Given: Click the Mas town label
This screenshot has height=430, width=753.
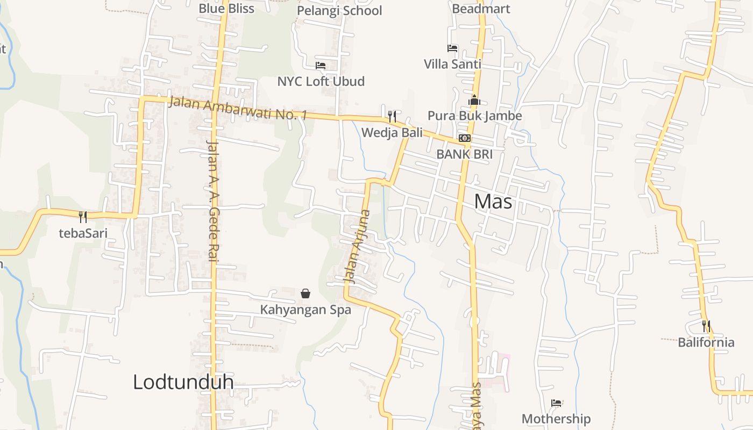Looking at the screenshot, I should pos(493,202).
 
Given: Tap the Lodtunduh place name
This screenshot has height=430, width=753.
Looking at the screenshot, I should pos(183,382).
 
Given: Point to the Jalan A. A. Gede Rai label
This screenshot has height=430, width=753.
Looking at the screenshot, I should pos(212,201).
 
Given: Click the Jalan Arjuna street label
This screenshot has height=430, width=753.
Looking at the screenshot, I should pos(357,246).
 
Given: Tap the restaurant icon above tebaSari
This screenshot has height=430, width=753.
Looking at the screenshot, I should pos(83,217).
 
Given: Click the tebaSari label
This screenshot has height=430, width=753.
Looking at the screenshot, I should pos(83,233).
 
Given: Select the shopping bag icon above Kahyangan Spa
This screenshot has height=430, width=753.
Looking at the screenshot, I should pos(306,293).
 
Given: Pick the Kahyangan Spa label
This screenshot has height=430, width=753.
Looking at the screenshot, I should pos(306,310).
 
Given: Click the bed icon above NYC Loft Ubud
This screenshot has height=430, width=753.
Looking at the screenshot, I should pos(321,66).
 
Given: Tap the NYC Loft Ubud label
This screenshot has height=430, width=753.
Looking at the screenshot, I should pos(321,81).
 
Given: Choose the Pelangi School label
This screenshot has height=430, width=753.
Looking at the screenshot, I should pos(339,11).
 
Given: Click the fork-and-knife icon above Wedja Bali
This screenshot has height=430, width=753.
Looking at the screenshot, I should pos(392,116).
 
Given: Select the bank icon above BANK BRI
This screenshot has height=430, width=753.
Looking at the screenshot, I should pos(464,138).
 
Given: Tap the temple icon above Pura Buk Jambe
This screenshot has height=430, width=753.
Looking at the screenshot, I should pos(474,100).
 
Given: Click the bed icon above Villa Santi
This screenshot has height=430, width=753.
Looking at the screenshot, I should pos(452,48).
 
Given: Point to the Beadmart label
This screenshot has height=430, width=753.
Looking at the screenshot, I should pos(481,9).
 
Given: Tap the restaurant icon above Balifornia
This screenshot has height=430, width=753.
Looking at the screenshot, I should pos(706,326).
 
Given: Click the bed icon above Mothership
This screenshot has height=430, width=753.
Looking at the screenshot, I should pos(556,403).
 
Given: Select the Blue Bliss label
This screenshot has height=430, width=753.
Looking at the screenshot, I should pos(226,8).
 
